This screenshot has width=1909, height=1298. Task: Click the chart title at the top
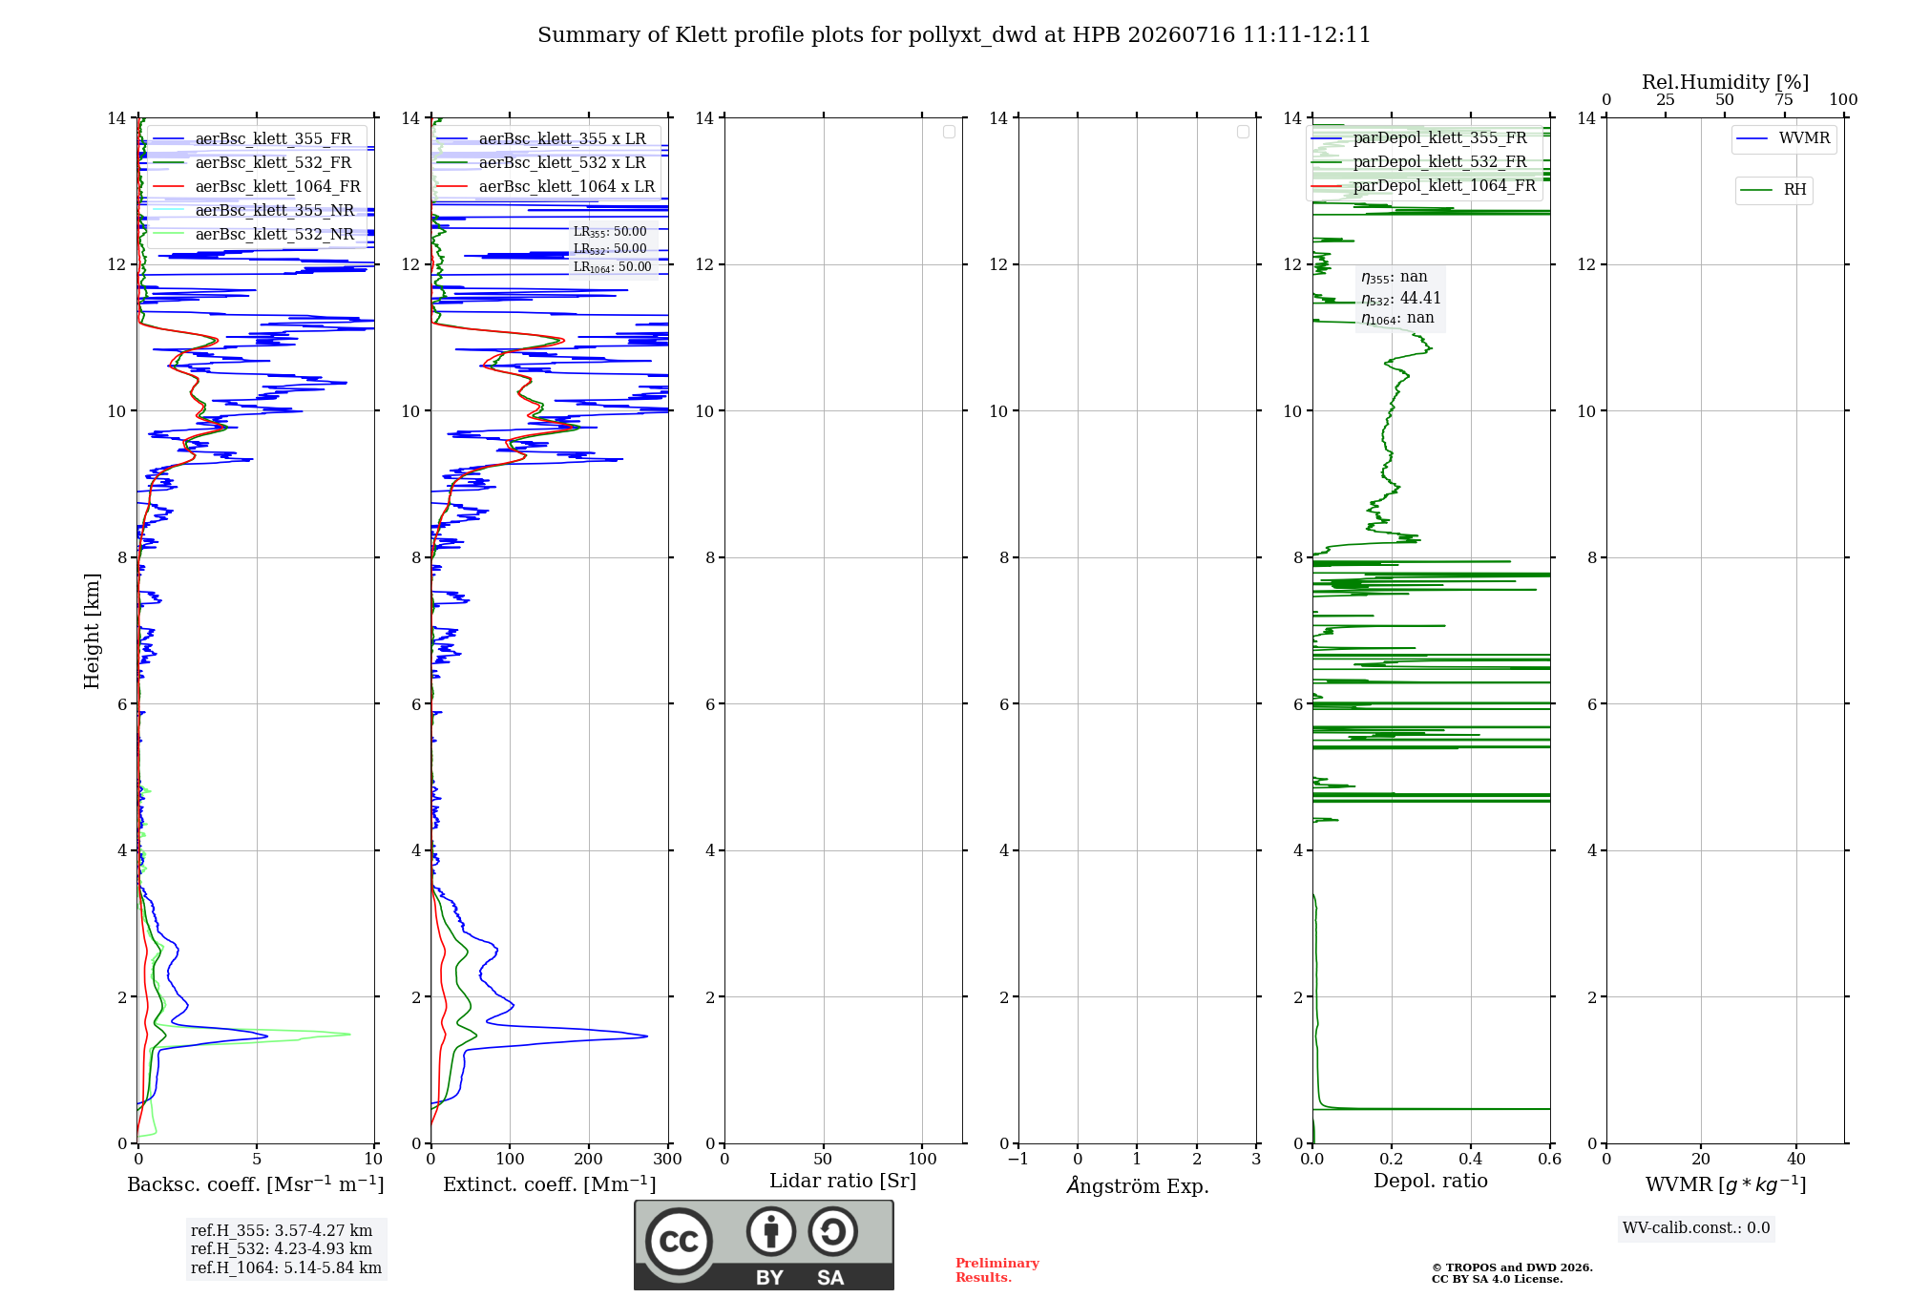pyautogui.click(x=954, y=35)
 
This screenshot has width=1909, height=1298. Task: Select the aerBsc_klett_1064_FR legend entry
pyautogui.click(x=257, y=186)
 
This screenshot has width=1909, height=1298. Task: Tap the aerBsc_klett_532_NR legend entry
pyautogui.click(x=254, y=234)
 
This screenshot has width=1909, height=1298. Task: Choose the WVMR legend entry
pyautogui.click(x=1784, y=138)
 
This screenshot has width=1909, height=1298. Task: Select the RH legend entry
pyautogui.click(x=1773, y=190)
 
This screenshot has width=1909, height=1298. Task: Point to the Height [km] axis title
pyautogui.click(x=92, y=631)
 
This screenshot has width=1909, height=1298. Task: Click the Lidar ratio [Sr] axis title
pyautogui.click(x=843, y=1182)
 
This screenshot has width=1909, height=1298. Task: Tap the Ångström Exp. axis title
pyautogui.click(x=1138, y=1184)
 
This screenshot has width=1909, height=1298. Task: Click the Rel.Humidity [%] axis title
pyautogui.click(x=1726, y=82)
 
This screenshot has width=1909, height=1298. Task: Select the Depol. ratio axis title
pyautogui.click(x=1431, y=1181)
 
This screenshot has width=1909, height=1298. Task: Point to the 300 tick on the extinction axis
pyautogui.click(x=668, y=1159)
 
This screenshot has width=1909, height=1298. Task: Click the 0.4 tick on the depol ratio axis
pyautogui.click(x=1471, y=1159)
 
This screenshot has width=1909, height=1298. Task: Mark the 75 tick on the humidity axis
pyautogui.click(x=1784, y=100)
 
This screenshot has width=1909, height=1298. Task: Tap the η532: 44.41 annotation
pyautogui.click(x=1401, y=299)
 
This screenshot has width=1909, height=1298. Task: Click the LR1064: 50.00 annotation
pyautogui.click(x=613, y=267)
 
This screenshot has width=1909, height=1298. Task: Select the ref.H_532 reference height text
pyautogui.click(x=282, y=1248)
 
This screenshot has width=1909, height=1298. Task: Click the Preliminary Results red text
pyautogui.click(x=997, y=1270)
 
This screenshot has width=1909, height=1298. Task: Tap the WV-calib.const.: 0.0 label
pyautogui.click(x=1696, y=1228)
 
